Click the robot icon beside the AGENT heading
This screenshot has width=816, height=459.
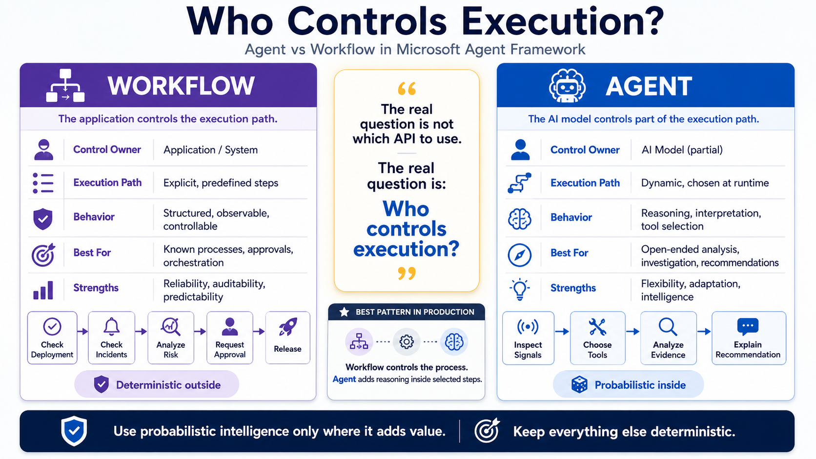[567, 85]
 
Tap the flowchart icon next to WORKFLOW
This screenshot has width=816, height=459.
[65, 85]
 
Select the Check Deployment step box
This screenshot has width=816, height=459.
[52, 338]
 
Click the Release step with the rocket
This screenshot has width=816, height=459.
[288, 338]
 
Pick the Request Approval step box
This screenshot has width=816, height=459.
[230, 338]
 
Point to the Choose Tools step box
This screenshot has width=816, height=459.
[597, 338]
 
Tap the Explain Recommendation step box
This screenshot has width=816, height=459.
[749, 338]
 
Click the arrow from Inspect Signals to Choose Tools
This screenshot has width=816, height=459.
[562, 332]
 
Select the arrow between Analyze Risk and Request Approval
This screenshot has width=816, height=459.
[200, 332]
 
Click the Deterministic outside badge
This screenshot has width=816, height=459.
[157, 384]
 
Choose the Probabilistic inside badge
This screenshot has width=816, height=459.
[629, 385]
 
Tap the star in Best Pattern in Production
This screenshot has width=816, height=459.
[344, 312]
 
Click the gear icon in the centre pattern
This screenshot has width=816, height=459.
[406, 342]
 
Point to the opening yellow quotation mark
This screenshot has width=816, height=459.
[407, 88]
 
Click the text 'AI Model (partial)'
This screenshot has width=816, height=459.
[682, 150]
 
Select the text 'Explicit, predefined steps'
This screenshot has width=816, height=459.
[221, 183]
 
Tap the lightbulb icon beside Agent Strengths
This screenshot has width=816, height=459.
[520, 289]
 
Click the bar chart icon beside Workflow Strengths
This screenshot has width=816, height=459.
[43, 290]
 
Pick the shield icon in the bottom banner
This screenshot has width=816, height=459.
[74, 431]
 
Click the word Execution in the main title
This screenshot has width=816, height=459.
[562, 22]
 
